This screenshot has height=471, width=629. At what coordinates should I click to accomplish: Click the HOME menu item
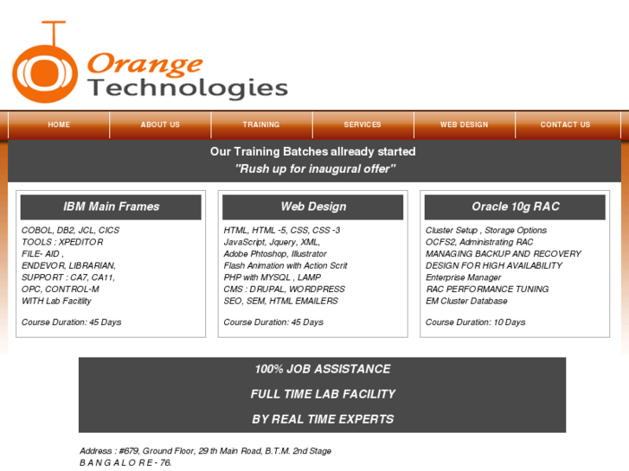(59, 124)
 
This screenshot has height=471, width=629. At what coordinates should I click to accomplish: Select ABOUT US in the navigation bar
(160, 124)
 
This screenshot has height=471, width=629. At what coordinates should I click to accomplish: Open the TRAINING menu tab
(261, 124)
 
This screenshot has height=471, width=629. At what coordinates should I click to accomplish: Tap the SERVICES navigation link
(363, 124)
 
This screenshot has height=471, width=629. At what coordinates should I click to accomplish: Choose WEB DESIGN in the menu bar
(464, 124)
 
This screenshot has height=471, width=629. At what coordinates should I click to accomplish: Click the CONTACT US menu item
(565, 124)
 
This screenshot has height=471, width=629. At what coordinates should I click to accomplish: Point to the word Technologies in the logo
(188, 87)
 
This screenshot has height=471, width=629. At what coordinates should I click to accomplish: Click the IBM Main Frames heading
(111, 207)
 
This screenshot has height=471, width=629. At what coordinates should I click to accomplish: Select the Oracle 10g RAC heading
(516, 207)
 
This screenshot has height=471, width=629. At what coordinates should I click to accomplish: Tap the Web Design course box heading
(313, 207)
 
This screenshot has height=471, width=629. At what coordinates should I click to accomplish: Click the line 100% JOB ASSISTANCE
(322, 369)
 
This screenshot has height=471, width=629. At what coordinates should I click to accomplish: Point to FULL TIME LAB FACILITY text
(322, 394)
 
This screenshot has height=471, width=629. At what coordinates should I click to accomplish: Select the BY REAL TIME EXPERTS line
(322, 419)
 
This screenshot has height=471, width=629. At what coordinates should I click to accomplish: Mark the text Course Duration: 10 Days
(475, 322)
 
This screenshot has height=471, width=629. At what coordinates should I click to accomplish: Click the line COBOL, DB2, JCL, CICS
(70, 231)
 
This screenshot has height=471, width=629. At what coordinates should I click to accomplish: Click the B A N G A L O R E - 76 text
(125, 462)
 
